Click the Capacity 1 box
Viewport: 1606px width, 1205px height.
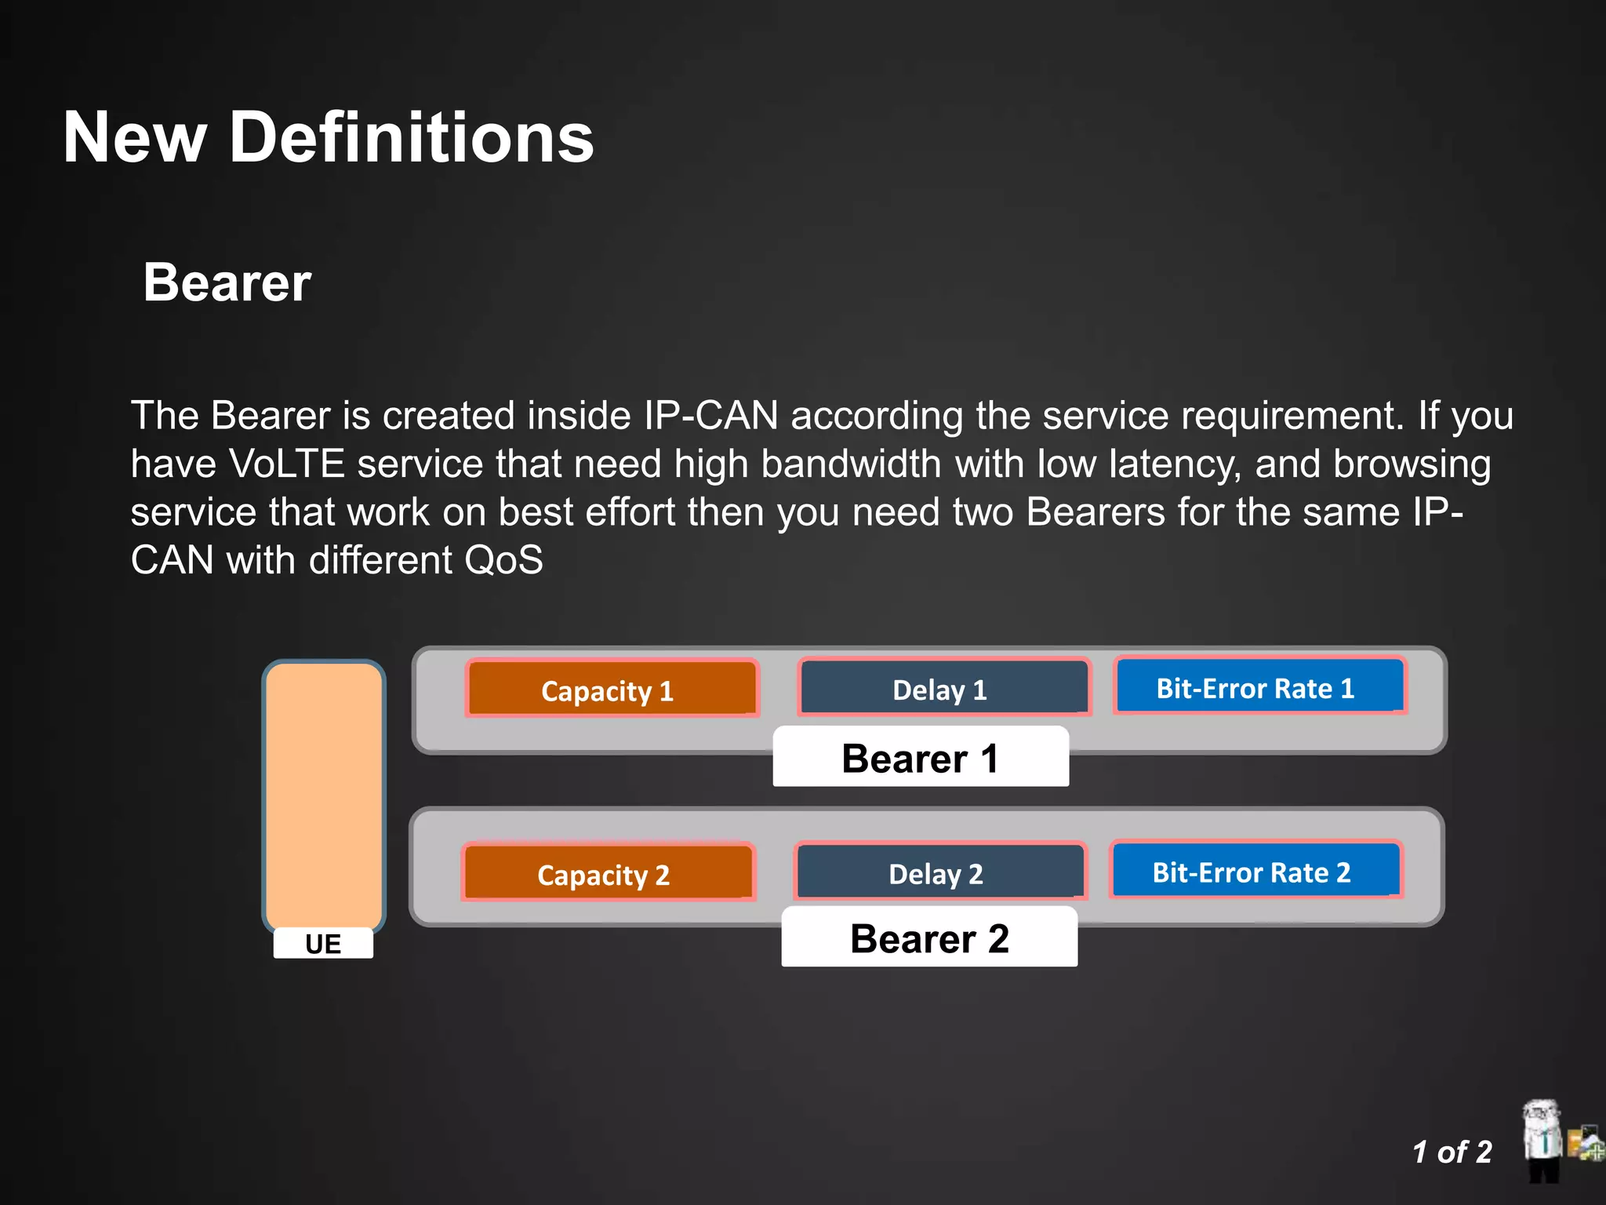coord(612,690)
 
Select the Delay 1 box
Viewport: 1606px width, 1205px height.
coord(943,688)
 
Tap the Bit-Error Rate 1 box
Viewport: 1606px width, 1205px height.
coord(1259,686)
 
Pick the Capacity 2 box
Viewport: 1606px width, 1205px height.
coord(608,873)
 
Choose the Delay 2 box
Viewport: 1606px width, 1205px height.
coord(939,872)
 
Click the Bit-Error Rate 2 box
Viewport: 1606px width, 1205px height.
coord(1255,870)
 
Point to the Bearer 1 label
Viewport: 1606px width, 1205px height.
coord(921,757)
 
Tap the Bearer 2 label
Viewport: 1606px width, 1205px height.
coord(929,937)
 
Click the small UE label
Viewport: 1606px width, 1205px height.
coord(323,943)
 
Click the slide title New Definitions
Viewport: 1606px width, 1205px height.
coord(328,137)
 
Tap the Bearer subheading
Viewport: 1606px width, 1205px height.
coord(227,282)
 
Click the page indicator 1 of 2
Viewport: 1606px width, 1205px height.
coord(1452,1152)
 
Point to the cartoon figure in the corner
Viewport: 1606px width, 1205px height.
coord(1543,1141)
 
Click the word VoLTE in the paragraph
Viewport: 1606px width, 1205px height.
coord(287,464)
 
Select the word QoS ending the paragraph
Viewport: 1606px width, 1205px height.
coord(503,560)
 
